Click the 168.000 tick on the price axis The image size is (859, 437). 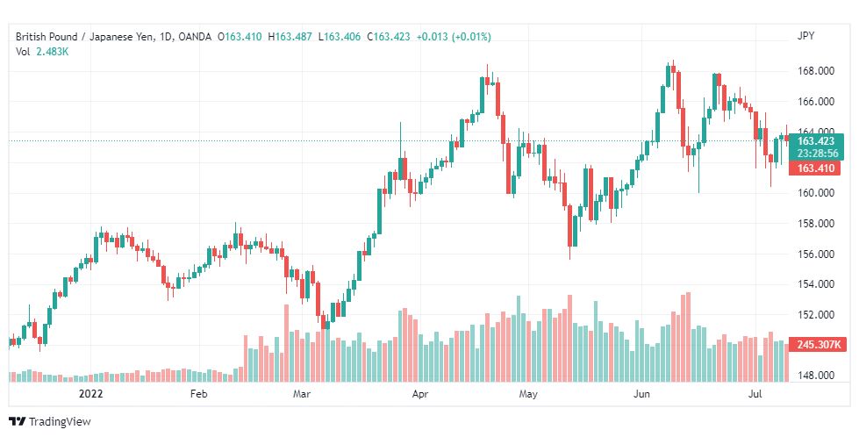(816, 71)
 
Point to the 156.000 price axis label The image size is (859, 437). (816, 254)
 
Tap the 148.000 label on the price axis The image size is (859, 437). (816, 376)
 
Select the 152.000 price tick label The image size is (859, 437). (816, 315)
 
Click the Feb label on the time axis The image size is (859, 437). (198, 394)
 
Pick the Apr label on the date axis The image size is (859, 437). (420, 394)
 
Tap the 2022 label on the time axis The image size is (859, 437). (91, 394)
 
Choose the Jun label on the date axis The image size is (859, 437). (641, 394)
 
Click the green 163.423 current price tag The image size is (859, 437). (816, 141)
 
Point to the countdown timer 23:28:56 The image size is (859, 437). (818, 154)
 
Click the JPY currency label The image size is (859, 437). (805, 36)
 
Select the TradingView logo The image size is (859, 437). (50, 422)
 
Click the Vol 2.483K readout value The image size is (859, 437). (53, 52)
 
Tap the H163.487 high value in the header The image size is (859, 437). (290, 37)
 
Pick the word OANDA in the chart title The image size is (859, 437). (195, 37)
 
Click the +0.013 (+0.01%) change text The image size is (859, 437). (454, 37)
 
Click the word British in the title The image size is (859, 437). (30, 37)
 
